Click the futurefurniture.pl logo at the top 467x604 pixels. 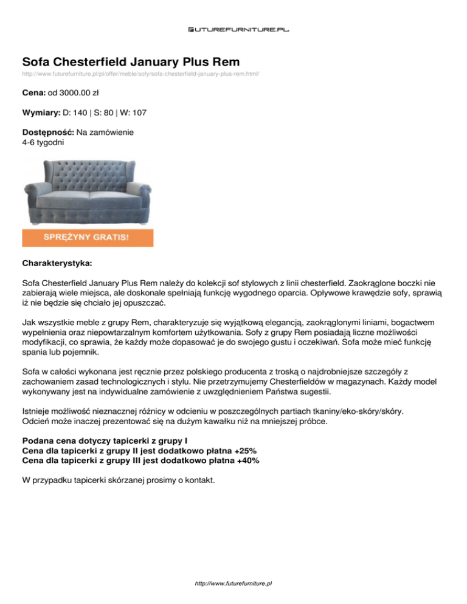click(233, 29)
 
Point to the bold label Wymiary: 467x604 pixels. click(41, 113)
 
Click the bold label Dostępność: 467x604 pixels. click(48, 132)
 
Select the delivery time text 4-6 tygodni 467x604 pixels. click(42, 142)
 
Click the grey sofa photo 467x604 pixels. click(88, 193)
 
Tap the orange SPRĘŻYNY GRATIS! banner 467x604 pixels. click(88, 237)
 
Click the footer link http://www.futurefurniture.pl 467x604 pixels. click(233, 582)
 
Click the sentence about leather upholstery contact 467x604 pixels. click(118, 480)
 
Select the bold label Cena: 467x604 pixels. click(33, 94)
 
